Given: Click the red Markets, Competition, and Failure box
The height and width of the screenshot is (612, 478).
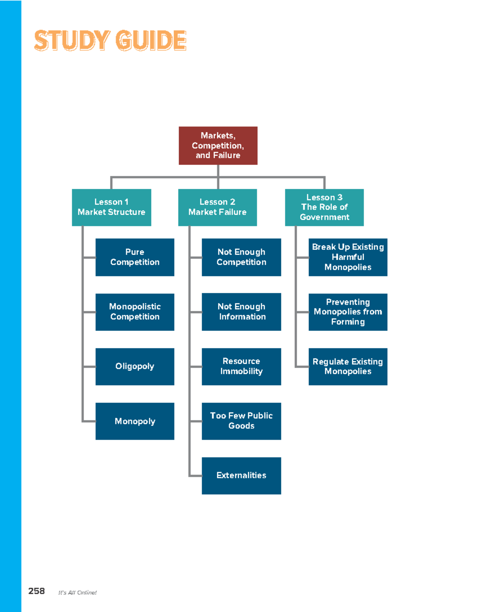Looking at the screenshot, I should pos(218,145).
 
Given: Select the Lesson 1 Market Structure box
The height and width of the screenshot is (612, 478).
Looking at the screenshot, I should pos(112,207).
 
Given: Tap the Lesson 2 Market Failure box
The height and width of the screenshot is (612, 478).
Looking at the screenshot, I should pos(217,207).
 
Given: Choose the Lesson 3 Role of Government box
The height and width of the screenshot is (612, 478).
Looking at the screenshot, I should pos(324,207).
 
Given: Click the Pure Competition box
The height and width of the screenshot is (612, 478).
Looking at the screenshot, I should pos(135,257).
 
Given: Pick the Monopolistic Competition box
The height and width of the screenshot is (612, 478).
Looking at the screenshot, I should pos(135,312).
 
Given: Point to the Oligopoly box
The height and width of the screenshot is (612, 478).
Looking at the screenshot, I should pos(135,366).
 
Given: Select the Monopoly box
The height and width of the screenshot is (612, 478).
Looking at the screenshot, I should pos(135,421).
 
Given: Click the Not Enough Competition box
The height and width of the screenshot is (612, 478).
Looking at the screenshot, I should pos(241,257).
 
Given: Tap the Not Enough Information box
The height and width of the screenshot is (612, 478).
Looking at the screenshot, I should pos(241,312).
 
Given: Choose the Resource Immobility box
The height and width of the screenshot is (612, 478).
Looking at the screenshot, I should pos(241,366).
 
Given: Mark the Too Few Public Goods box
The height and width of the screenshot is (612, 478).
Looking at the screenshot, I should pos(241,421).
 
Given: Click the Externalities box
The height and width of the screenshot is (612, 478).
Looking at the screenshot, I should pos(241,475).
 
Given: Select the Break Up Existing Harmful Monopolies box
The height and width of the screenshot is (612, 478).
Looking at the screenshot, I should pos(348,257).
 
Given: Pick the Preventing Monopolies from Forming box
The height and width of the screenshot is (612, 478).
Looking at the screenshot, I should pos(348,312).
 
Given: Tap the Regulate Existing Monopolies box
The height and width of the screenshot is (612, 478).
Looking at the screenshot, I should pos(348,366).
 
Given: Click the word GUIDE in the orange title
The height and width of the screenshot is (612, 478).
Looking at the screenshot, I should pos(151,41).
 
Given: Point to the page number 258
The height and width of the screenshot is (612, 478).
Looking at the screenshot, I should pos(36,591).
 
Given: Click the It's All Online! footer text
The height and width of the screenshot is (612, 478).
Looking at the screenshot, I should pos(77,592).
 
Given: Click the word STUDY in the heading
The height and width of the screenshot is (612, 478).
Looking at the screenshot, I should pos(72,41).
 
